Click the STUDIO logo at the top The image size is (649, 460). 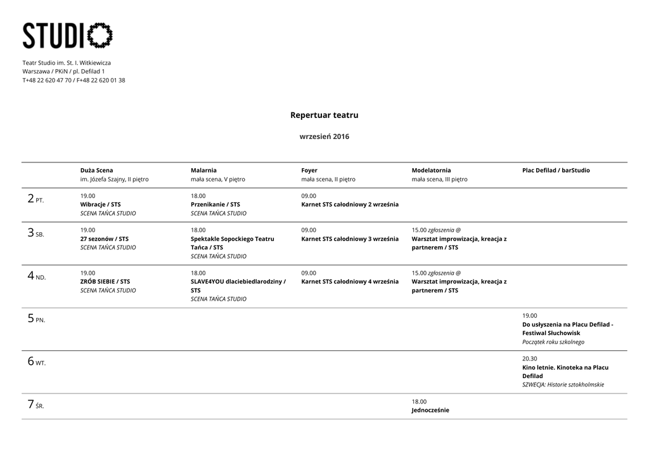tap(68, 36)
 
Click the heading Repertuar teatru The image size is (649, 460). tap(324, 115)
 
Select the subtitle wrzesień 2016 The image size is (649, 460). tap(324, 136)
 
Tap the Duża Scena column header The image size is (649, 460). tap(96, 170)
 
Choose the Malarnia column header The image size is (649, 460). tap(203, 170)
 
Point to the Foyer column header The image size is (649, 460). tap(309, 170)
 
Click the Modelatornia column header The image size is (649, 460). tap(431, 170)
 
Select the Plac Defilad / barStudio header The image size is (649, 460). tap(556, 170)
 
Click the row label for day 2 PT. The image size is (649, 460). tap(35, 199)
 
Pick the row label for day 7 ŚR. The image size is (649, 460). tap(35, 405)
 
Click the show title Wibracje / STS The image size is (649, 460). tap(100, 204)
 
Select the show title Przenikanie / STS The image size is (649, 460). tap(215, 204)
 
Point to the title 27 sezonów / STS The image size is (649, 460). tap(104, 239)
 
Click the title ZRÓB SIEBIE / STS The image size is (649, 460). tap(105, 281)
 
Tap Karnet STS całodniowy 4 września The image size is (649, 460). tap(350, 281)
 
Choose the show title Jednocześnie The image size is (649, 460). tap(430, 410)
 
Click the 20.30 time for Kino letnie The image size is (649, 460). tap(529, 358)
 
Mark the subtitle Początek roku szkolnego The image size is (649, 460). tap(553, 341)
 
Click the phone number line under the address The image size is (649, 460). tap(74, 80)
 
